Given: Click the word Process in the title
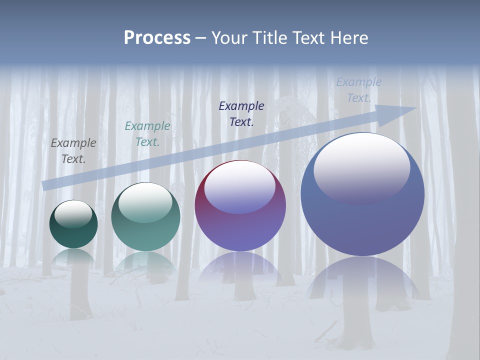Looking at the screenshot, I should [x=157, y=38].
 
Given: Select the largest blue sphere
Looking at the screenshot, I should [x=362, y=225].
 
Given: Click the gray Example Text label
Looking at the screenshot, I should [x=73, y=151].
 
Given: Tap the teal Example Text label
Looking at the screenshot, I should [x=147, y=134].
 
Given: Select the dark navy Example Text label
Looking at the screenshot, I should [x=241, y=113].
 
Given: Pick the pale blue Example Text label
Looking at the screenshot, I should [x=359, y=90].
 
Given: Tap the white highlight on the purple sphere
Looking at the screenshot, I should [x=239, y=186].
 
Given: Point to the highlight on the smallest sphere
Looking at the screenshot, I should [x=73, y=213].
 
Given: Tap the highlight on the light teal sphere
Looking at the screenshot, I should [x=145, y=201].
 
